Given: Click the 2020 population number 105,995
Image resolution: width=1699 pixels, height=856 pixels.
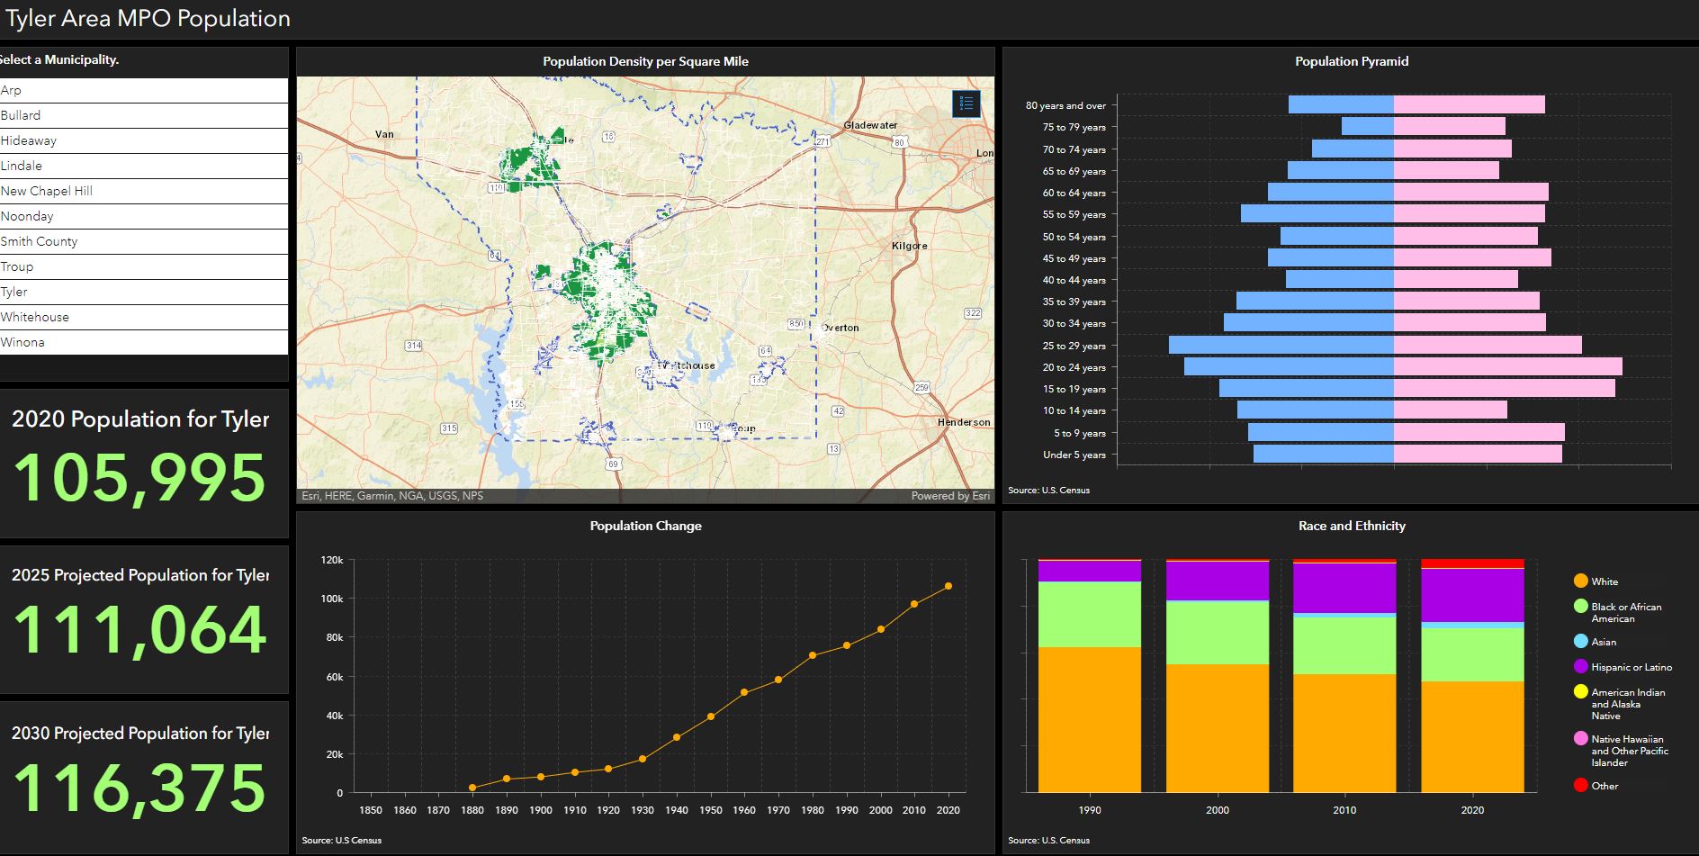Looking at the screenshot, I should pos(139,477).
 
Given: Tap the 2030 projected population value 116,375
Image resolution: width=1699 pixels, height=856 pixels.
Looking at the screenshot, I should pos(139,788).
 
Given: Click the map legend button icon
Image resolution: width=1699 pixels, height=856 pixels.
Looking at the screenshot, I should pos(966,104).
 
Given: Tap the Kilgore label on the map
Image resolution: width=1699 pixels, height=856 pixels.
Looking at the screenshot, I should pos(909,246).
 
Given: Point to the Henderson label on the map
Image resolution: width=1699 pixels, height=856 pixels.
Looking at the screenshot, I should pos(963,422).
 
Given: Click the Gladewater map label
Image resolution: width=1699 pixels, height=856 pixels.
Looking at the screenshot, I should pos(870,125).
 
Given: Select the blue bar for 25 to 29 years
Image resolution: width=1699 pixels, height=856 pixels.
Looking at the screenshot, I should pos(1281,345).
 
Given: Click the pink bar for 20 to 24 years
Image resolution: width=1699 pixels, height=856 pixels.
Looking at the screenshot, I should pos(1507,366).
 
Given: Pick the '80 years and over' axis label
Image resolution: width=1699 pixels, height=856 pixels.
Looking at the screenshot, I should pos(1065,105).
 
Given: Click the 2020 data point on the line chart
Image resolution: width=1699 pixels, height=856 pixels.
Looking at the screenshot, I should pos(948,586).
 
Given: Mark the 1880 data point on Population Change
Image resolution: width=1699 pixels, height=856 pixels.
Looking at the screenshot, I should pos(472,788).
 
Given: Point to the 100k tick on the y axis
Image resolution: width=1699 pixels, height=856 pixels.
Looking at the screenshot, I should pos(332,599).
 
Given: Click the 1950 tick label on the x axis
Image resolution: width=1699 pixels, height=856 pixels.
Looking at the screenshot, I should pos(710,810).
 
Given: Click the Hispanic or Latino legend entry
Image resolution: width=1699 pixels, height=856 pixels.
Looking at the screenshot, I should pos(1631,667).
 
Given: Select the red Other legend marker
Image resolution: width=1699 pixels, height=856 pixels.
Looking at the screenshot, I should pos(1580,786).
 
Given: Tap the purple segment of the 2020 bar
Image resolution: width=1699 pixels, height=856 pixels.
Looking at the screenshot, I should pos(1472,594).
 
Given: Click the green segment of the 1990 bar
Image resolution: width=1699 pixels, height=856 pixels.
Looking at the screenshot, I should pos(1089,614).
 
